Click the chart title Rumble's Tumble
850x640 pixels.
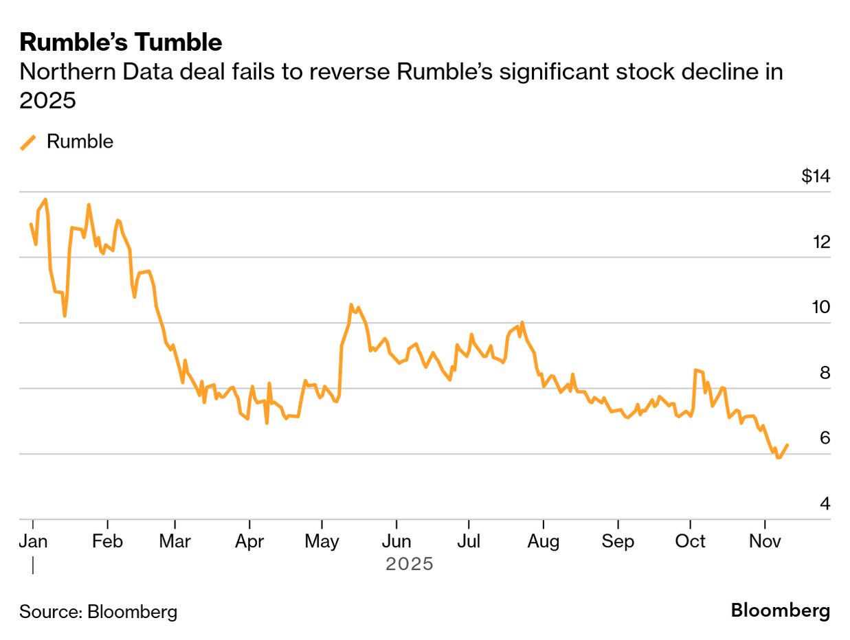[x=121, y=43]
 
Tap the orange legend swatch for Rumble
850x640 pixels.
[x=28, y=142]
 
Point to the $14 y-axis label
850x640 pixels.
[x=816, y=176]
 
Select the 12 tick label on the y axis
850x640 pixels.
[x=822, y=242]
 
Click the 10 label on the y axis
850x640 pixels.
[x=821, y=307]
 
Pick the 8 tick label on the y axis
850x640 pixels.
[x=825, y=373]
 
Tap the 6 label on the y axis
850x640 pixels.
[x=825, y=438]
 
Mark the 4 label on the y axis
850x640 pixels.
[x=825, y=504]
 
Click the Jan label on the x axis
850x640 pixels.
[x=33, y=542]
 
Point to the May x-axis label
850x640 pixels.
[x=322, y=542]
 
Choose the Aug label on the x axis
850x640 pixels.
[x=543, y=542]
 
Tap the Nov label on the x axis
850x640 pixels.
[x=765, y=542]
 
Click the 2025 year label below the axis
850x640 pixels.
[x=410, y=564]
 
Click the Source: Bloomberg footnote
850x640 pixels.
[x=98, y=611]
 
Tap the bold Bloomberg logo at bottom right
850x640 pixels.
[x=780, y=610]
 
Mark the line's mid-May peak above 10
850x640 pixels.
[x=351, y=305]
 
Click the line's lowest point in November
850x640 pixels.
[x=778, y=457]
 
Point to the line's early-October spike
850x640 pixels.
[x=697, y=370]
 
